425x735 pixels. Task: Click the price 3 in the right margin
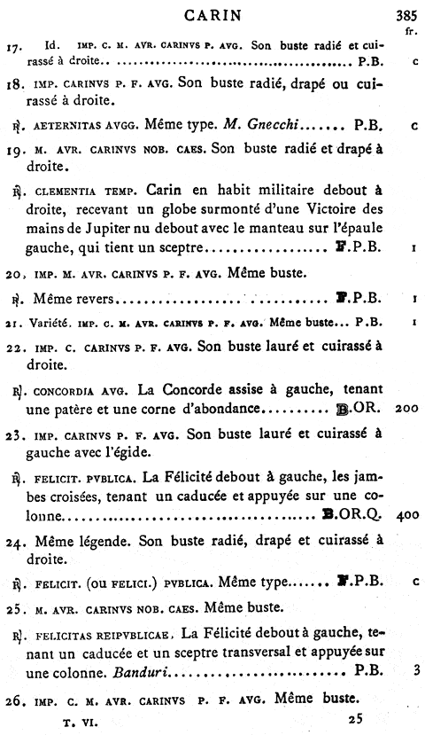[x=414, y=670]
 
